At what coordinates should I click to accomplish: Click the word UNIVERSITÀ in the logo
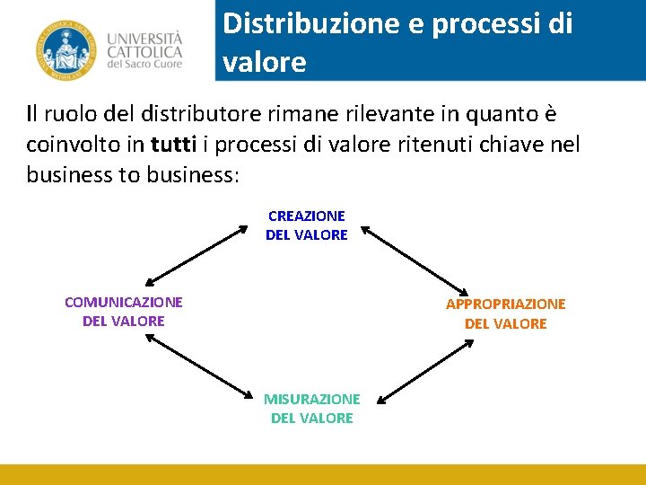[144, 39]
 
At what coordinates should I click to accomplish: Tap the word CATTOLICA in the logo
[144, 52]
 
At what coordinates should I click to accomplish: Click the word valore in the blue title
[265, 63]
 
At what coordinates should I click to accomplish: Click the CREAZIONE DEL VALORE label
[306, 225]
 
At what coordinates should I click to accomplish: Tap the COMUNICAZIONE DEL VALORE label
[124, 312]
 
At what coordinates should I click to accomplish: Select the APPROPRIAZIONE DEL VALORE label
[506, 314]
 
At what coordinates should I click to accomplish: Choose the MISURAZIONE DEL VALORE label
[311, 409]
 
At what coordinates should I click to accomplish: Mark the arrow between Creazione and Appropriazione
[415, 260]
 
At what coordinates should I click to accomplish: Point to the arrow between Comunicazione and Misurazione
[198, 366]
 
